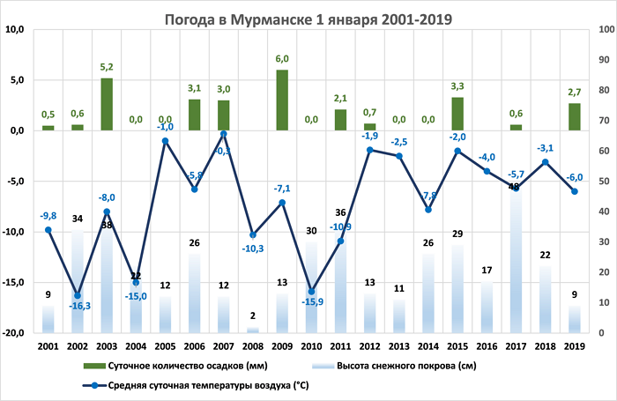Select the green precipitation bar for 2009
[x=282, y=100]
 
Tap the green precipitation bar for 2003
[x=107, y=104]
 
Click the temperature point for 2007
[x=224, y=134]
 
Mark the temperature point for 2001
[x=48, y=230]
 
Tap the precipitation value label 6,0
[x=282, y=59]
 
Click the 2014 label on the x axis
[x=428, y=346]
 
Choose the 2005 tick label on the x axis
[x=165, y=346]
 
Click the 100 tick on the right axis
[x=606, y=29]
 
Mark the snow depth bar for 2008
[x=253, y=330]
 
